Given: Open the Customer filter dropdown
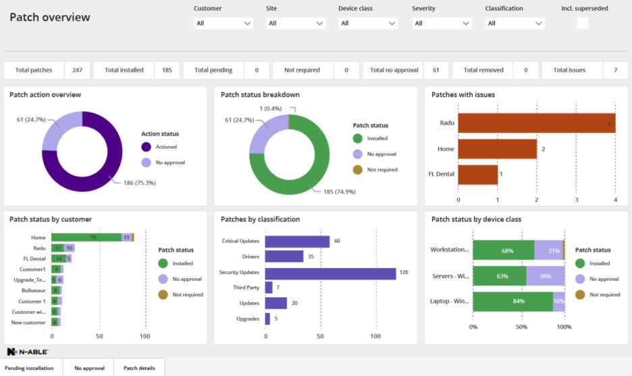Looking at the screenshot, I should click(x=223, y=23).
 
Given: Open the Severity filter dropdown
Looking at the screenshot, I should click(x=442, y=23).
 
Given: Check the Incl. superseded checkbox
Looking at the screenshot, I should click(x=582, y=23).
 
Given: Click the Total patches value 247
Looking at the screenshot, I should click(x=78, y=70).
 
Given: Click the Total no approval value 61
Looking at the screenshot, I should click(x=436, y=70).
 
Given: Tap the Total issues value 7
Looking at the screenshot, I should click(x=615, y=70).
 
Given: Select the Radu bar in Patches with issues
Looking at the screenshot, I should click(x=536, y=124).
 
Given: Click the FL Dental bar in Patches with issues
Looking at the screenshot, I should click(x=477, y=174).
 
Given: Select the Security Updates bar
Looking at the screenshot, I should click(x=330, y=273).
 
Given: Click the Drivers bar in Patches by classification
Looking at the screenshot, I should click(x=284, y=257).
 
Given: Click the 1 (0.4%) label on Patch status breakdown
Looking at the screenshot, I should click(x=270, y=109).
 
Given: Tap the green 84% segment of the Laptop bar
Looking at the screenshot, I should click(x=512, y=301).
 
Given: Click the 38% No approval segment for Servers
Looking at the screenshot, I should click(x=545, y=275).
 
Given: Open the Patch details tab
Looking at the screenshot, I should click(x=138, y=368).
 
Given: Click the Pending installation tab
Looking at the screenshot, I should click(x=29, y=368).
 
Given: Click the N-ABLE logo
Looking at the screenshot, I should click(x=27, y=352).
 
